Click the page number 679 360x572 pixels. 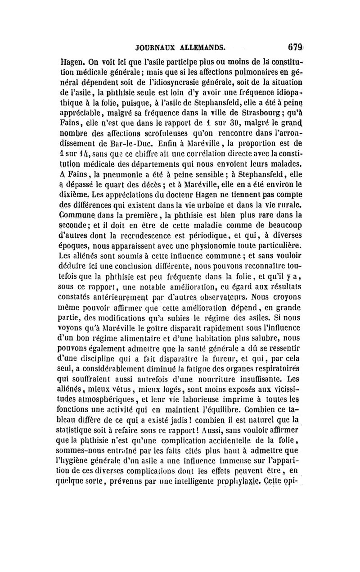293,46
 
